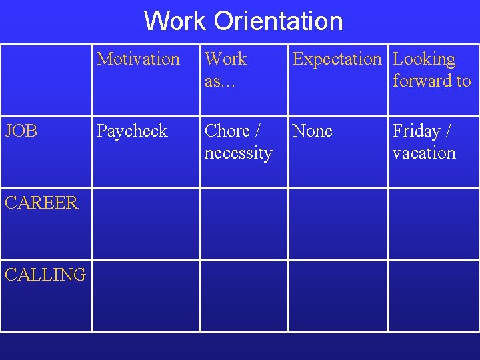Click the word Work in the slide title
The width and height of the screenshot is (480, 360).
coord(175,21)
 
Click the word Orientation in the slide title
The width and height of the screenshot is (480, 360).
coord(278,21)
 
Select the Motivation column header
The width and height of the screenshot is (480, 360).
coord(139,59)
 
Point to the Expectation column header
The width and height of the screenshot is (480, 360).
coord(337,59)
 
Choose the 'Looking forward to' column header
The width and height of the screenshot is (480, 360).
coord(431,69)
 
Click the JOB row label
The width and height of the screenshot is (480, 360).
coord(21,131)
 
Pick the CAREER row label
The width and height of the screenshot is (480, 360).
coord(41,203)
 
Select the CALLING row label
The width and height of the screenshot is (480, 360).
coord(45,275)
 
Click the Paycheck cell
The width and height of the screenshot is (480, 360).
coord(132,131)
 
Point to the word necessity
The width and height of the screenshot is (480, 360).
coord(238,153)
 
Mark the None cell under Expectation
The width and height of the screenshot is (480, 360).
coord(312,131)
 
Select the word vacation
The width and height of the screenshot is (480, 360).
coord(424,153)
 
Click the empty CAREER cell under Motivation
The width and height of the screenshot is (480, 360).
coord(146,224)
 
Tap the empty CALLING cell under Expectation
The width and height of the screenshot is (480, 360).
coord(338,295)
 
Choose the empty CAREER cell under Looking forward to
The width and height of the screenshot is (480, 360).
coord(433,224)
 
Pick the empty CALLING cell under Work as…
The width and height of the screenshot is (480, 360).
coord(244,295)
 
